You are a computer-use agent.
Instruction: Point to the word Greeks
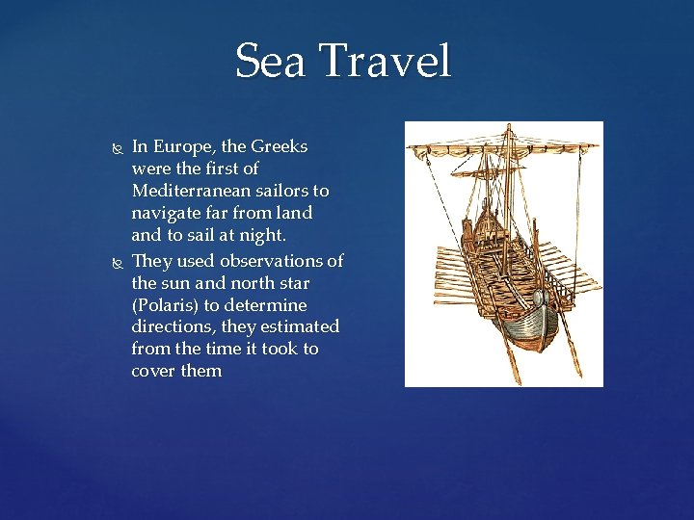[280, 147]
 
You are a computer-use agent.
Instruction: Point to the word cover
[153, 371]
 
